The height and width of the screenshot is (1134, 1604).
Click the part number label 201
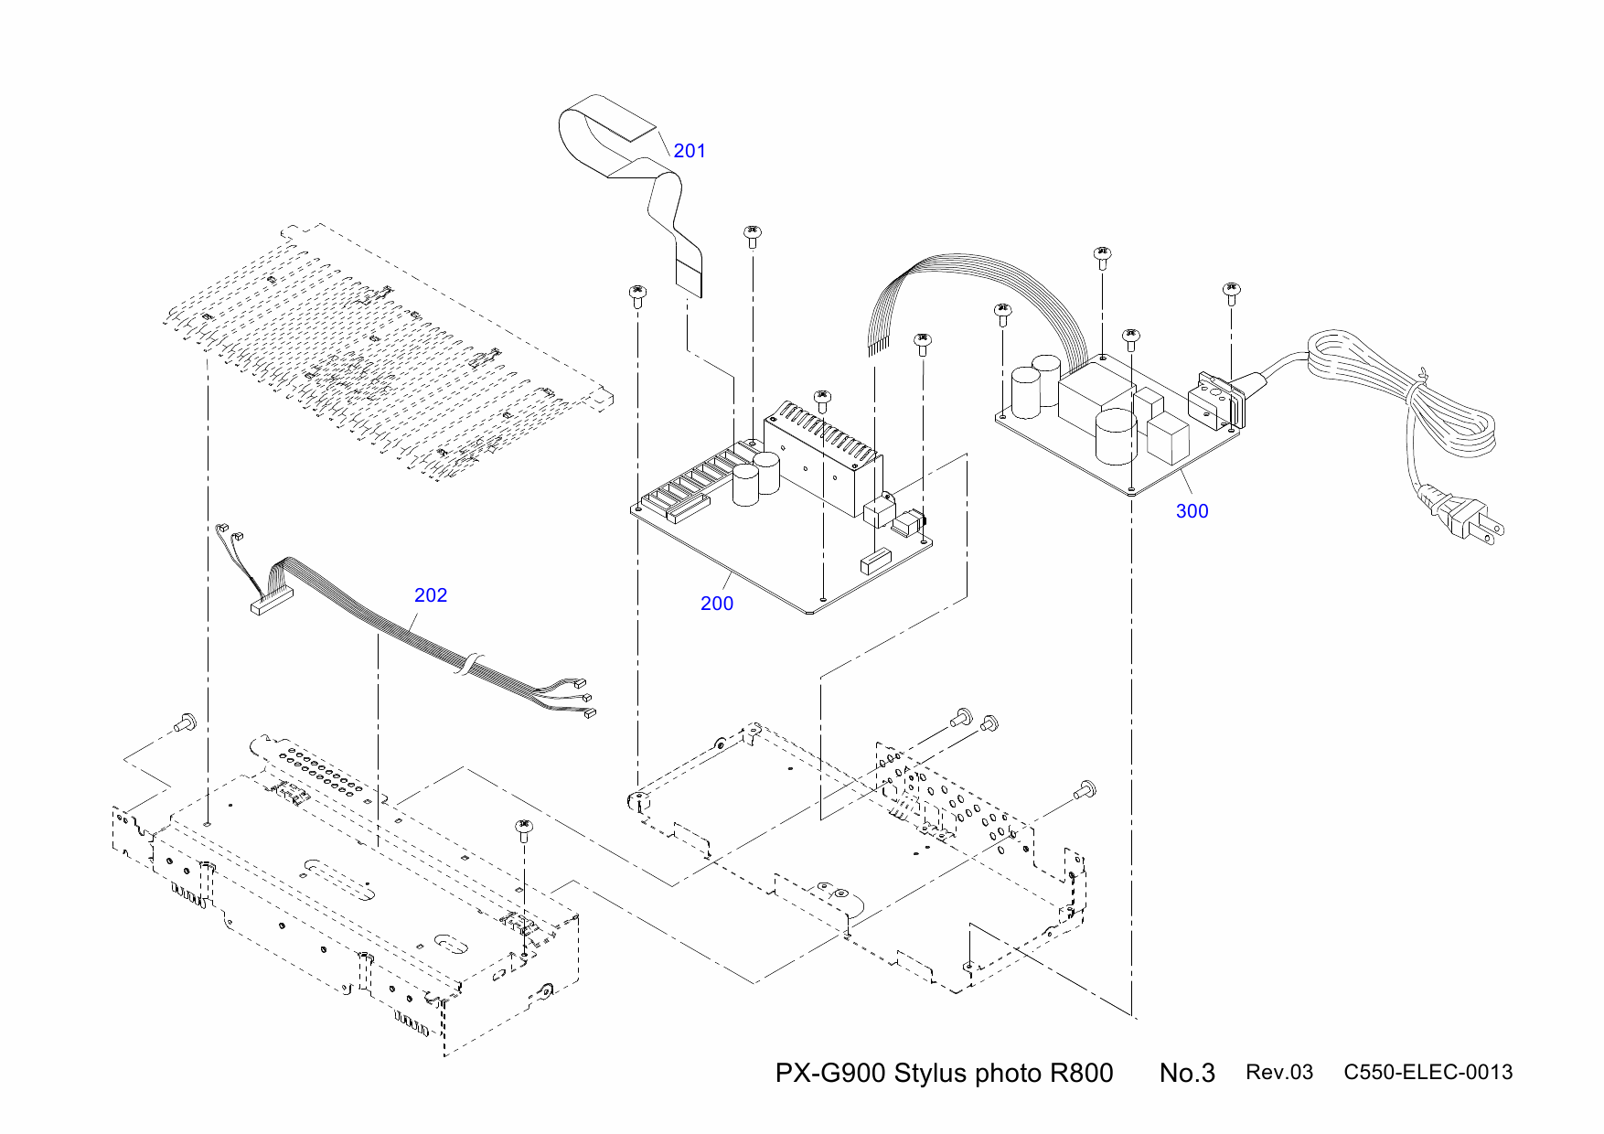click(x=690, y=151)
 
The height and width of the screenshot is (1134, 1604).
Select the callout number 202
click(x=431, y=595)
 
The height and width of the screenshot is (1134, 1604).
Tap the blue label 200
click(x=717, y=604)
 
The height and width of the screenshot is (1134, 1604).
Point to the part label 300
click(x=1192, y=511)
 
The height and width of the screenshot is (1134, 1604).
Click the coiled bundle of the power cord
click(x=1445, y=412)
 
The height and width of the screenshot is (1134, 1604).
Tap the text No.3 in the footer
click(x=1187, y=1073)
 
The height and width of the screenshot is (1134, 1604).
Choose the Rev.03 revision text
click(x=1278, y=1073)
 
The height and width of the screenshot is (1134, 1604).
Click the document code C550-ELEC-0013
click(x=1428, y=1072)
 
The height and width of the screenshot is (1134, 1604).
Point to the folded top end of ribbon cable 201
click(x=608, y=114)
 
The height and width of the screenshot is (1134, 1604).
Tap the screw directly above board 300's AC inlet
click(x=1231, y=293)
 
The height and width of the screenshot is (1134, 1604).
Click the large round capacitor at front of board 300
click(x=1116, y=436)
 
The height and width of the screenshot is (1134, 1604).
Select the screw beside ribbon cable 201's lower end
click(x=752, y=236)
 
